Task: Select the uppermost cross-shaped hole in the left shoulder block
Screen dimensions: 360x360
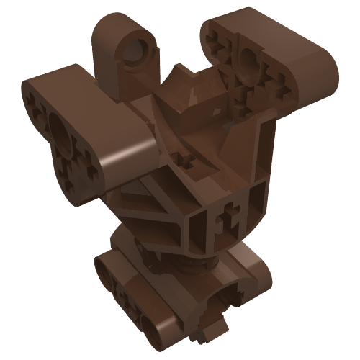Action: tap(37, 102)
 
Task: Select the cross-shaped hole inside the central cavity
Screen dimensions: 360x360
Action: tap(190, 159)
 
